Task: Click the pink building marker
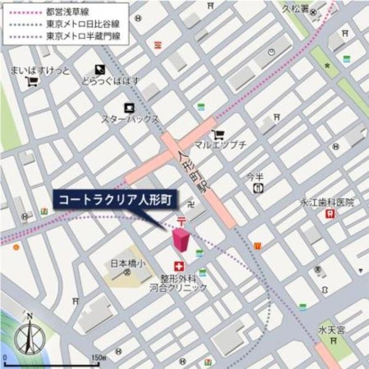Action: point(181,239)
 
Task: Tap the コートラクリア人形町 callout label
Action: point(115,199)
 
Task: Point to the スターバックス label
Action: point(130,119)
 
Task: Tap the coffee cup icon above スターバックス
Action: point(129,107)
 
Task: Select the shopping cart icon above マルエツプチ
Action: point(218,133)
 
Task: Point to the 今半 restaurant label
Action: point(255,176)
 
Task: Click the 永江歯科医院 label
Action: point(327,202)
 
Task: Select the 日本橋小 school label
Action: point(126,264)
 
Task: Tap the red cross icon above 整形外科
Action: point(180,266)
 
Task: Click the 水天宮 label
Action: point(332,330)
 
